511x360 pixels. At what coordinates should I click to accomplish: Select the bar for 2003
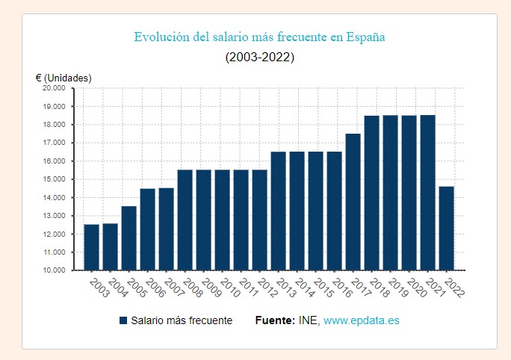click(x=91, y=247)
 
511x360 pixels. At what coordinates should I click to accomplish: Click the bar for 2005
click(x=128, y=238)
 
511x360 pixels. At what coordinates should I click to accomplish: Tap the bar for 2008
click(x=185, y=220)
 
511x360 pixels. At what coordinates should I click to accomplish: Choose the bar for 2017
click(x=353, y=202)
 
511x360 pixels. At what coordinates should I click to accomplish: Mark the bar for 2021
click(x=427, y=193)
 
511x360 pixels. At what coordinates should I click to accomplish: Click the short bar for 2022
click(x=446, y=228)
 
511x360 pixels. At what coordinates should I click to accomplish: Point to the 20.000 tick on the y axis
click(x=55, y=88)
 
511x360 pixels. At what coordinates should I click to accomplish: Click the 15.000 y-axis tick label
click(x=55, y=179)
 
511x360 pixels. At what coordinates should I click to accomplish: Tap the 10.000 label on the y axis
click(x=55, y=270)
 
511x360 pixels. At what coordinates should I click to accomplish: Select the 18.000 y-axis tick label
click(x=55, y=125)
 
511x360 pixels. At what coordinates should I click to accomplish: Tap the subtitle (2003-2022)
click(x=259, y=58)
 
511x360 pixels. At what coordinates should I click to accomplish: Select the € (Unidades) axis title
click(x=64, y=78)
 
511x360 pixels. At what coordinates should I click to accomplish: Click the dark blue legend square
click(x=123, y=320)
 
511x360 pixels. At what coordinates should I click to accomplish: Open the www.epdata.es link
click(x=362, y=320)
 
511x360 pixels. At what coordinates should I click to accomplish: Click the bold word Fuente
click(x=275, y=320)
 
